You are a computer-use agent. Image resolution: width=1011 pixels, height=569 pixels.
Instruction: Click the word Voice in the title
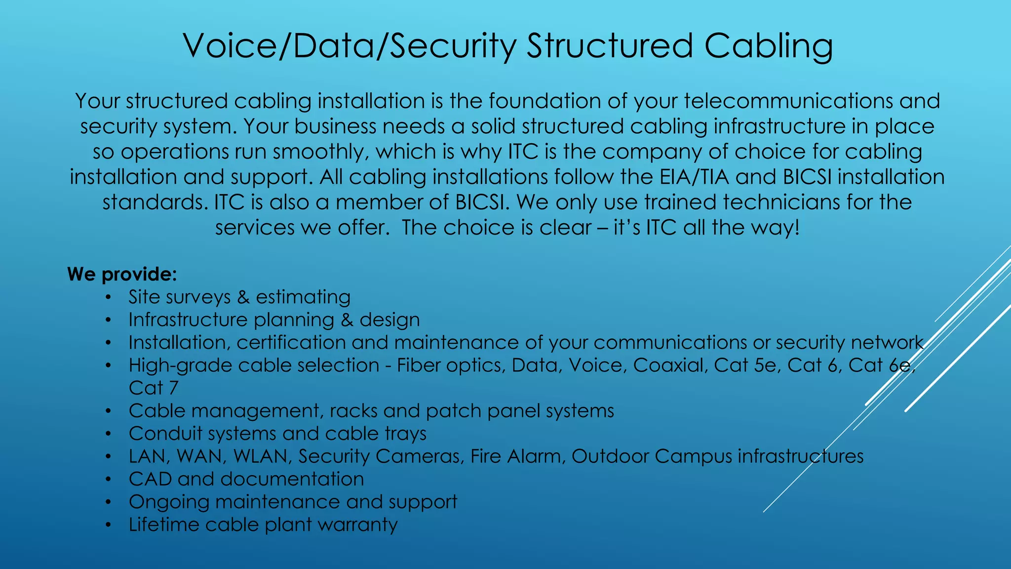point(230,46)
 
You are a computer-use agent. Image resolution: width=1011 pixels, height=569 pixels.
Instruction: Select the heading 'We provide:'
point(122,274)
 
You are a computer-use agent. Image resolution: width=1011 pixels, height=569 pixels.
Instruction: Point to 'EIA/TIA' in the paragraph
point(694,177)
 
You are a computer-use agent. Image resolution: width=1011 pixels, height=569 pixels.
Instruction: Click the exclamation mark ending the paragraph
point(796,228)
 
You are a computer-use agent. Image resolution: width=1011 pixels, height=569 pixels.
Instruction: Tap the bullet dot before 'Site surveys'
point(108,297)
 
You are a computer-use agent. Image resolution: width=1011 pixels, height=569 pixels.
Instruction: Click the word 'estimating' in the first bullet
point(303,297)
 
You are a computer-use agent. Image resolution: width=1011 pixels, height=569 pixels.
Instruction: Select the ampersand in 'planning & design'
point(347,320)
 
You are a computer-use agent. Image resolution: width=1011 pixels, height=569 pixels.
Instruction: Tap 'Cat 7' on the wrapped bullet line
point(153,388)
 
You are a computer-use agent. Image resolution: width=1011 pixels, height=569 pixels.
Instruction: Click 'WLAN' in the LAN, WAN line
point(260,456)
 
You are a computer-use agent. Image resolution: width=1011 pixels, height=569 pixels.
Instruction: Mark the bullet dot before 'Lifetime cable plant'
point(108,525)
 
